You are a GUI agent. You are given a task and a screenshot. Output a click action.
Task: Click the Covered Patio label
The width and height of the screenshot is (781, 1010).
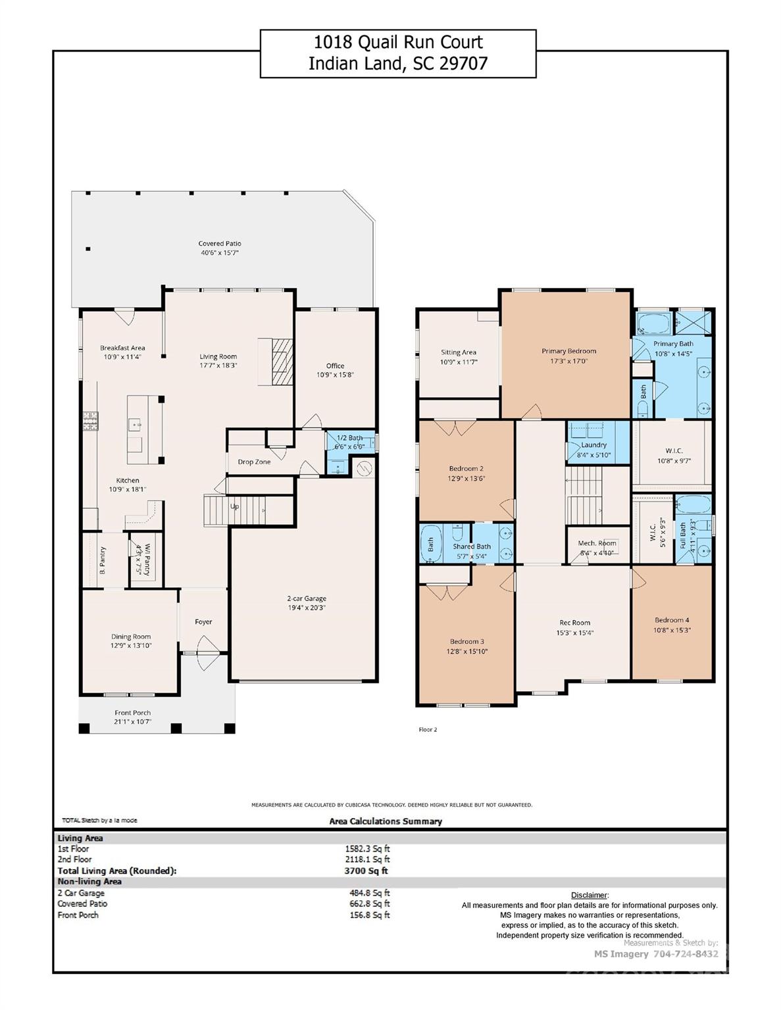coord(220,243)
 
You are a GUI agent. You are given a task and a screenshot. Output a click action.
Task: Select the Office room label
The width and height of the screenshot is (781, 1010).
coord(335,366)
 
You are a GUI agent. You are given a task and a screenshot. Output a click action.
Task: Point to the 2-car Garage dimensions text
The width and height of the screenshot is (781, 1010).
coord(307,608)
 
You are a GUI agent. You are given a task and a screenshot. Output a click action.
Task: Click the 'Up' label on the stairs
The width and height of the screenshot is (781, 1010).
coord(234,507)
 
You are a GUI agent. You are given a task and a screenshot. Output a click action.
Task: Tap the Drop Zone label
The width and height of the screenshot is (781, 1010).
coord(254,462)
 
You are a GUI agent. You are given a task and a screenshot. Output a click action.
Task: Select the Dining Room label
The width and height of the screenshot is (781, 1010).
coord(131,637)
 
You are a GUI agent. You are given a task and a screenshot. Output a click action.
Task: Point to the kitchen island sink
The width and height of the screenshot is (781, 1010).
coord(136,424)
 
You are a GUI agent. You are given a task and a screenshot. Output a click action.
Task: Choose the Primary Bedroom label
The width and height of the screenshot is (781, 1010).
coord(568,351)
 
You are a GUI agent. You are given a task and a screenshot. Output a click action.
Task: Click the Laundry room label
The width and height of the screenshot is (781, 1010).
coord(593,445)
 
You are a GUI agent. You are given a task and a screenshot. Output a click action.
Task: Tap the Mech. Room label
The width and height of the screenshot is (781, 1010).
coord(597,543)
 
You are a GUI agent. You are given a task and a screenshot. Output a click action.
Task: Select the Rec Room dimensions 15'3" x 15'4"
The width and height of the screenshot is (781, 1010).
coord(574,633)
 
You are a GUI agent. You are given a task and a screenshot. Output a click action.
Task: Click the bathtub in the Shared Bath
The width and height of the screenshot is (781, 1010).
coord(431,544)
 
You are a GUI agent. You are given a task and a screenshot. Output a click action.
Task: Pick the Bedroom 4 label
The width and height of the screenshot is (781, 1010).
coord(672,620)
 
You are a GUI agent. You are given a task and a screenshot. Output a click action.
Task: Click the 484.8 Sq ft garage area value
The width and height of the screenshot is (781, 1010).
coord(369,893)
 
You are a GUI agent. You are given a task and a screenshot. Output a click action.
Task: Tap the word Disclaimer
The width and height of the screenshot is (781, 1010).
coord(589,895)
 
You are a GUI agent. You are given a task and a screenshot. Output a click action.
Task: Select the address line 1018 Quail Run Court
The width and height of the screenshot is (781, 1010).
coord(398,43)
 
